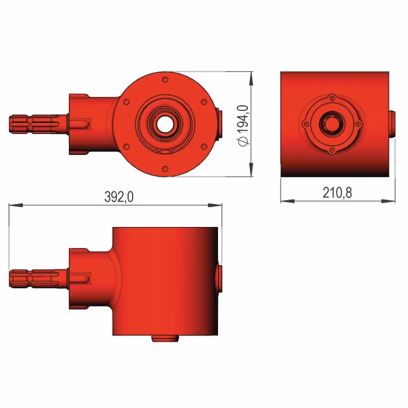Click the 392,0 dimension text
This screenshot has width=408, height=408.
coord(119,197)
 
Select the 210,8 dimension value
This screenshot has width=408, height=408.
coord(337,193)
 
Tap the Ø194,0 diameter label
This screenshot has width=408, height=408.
coord(243,126)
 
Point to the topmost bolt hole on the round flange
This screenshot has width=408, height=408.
coord(165,80)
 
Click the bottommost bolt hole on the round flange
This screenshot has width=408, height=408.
coord(165,169)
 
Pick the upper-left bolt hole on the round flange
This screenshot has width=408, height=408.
coord(126,102)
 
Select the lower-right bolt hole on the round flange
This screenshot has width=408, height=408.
coord(204,147)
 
